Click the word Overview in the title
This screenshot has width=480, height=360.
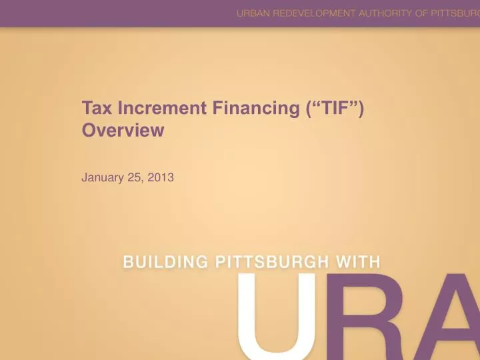point(123,131)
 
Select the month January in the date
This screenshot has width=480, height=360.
point(101,177)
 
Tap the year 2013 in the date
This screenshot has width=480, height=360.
point(161,177)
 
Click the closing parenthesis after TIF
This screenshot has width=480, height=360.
point(360,108)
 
